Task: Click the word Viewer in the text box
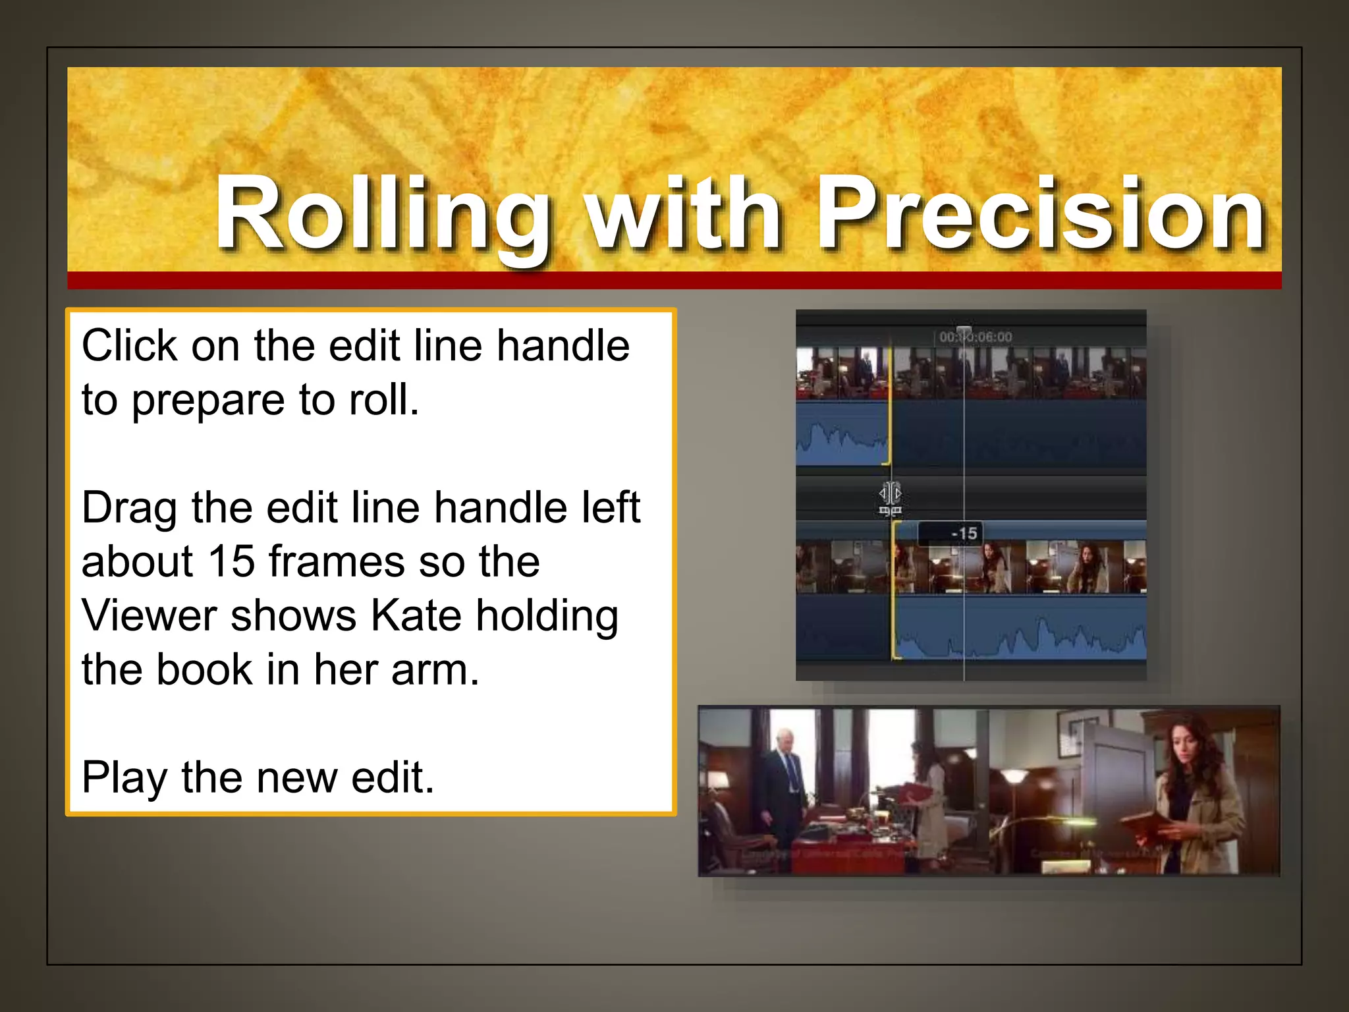click(149, 616)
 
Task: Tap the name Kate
click(416, 616)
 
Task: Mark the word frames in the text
click(337, 562)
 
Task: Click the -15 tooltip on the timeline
click(964, 533)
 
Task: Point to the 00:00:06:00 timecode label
click(975, 337)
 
